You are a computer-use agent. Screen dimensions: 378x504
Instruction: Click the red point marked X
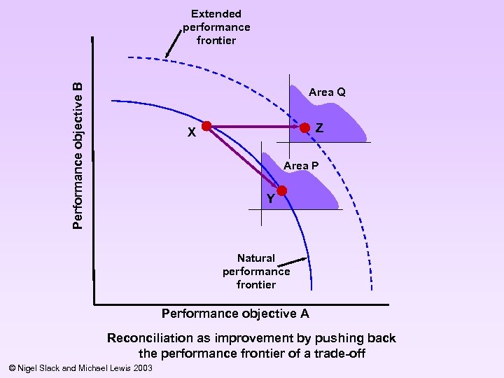pos(206,127)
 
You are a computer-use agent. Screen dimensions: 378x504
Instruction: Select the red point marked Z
pos(305,127)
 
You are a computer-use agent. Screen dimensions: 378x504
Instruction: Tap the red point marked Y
pos(281,190)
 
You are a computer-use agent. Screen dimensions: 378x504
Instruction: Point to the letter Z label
pos(319,128)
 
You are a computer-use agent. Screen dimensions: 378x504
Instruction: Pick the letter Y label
pos(270,199)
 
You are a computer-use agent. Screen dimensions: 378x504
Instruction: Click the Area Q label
pos(327,92)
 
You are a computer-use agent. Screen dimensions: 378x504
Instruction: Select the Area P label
pos(301,165)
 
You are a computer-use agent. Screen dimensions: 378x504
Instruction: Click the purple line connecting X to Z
pos(255,127)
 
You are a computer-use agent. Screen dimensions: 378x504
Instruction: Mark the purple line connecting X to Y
pos(244,158)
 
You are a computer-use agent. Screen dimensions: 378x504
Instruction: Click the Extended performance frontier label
pos(216,27)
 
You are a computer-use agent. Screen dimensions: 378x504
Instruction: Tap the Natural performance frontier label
pos(256,271)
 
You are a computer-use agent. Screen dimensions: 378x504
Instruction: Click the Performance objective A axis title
pos(235,313)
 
